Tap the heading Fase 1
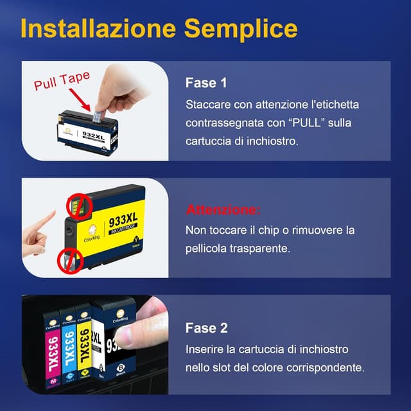coord(206,83)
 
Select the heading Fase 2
coord(206,328)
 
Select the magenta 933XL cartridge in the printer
coord(51,350)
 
